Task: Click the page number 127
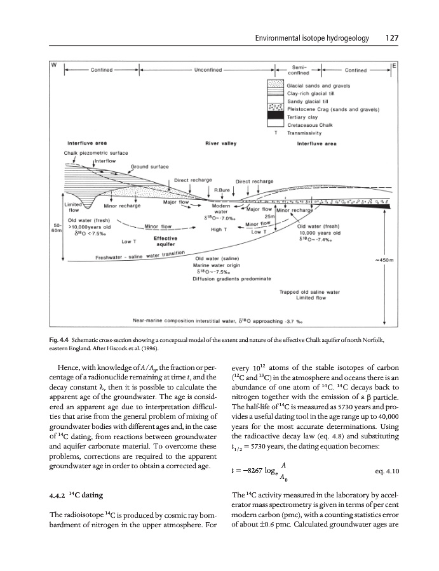[391, 38]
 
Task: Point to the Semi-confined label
[297, 69]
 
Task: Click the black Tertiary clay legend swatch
[275, 115]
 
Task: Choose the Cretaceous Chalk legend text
[309, 126]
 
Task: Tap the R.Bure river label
[222, 189]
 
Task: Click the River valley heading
[219, 143]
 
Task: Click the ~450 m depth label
[386, 259]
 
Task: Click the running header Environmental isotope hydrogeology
[312, 38]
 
